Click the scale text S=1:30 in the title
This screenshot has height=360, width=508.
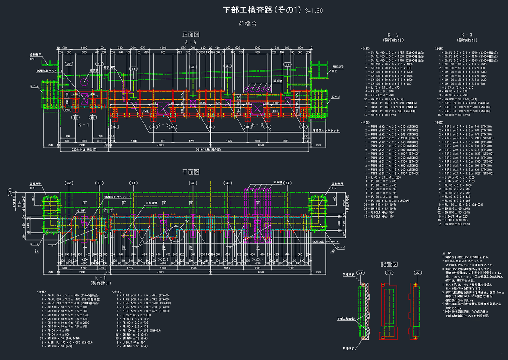[314, 11]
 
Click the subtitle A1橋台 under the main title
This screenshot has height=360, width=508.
[247, 24]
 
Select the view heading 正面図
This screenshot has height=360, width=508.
[190, 35]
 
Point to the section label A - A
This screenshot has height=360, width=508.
[190, 42]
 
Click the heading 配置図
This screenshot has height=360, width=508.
[389, 264]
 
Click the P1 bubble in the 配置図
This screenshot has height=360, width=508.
[389, 273]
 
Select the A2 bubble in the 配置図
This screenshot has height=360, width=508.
[417, 273]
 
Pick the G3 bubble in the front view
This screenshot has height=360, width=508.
[227, 66]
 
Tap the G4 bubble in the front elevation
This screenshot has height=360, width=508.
[287, 64]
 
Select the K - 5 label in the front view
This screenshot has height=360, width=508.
[336, 97]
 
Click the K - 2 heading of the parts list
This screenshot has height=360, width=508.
[393, 35]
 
